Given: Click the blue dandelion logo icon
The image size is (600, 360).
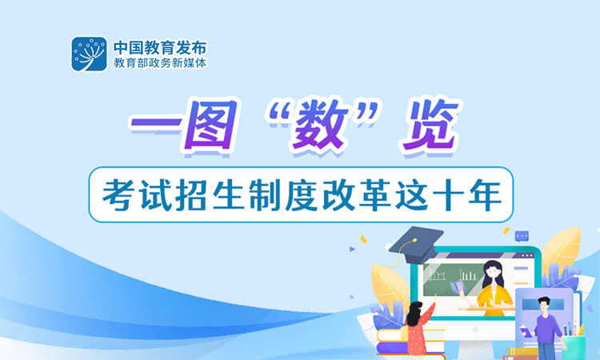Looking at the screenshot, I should (89, 54).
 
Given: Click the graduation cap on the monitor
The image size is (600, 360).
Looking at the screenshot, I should (416, 241).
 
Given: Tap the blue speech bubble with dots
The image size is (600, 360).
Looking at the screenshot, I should (522, 236).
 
